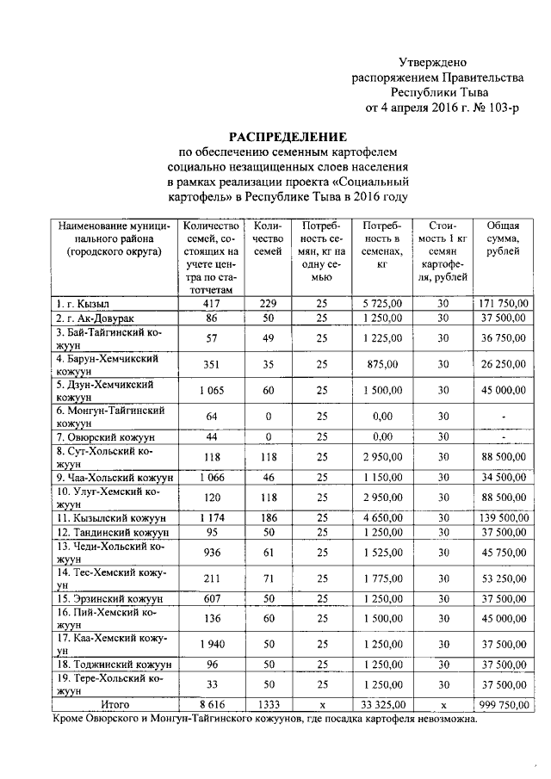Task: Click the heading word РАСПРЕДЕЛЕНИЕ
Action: click(x=287, y=136)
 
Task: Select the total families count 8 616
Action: click(x=210, y=704)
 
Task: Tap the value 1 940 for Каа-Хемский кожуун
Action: click(x=210, y=645)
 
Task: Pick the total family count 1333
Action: click(x=269, y=704)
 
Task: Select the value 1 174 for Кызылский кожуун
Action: click(x=210, y=519)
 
